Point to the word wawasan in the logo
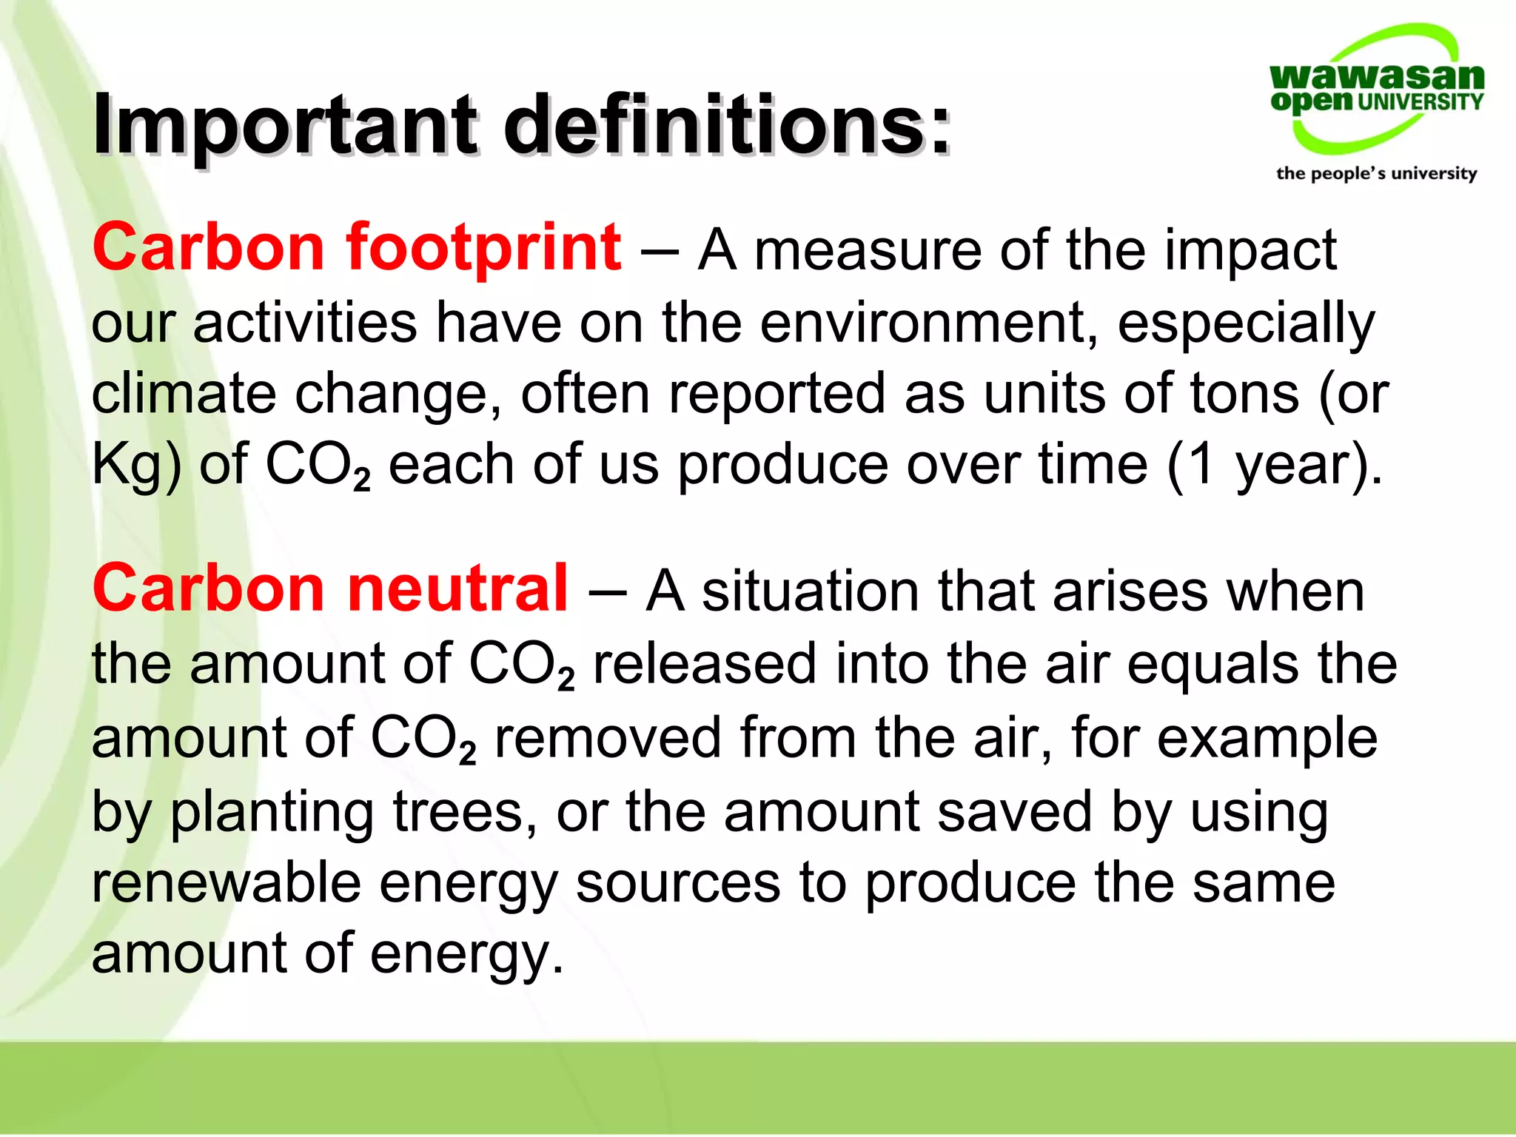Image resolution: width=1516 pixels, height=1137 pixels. point(1376,76)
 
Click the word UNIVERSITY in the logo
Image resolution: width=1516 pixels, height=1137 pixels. point(1420,102)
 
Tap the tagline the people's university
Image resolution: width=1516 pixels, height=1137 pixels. point(1376,174)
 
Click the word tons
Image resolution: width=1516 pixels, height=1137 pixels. point(1244,393)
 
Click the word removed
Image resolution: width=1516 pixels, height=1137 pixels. point(607,738)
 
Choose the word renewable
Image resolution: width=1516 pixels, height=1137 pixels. point(227,882)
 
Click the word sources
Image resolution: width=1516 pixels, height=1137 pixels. point(678,882)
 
